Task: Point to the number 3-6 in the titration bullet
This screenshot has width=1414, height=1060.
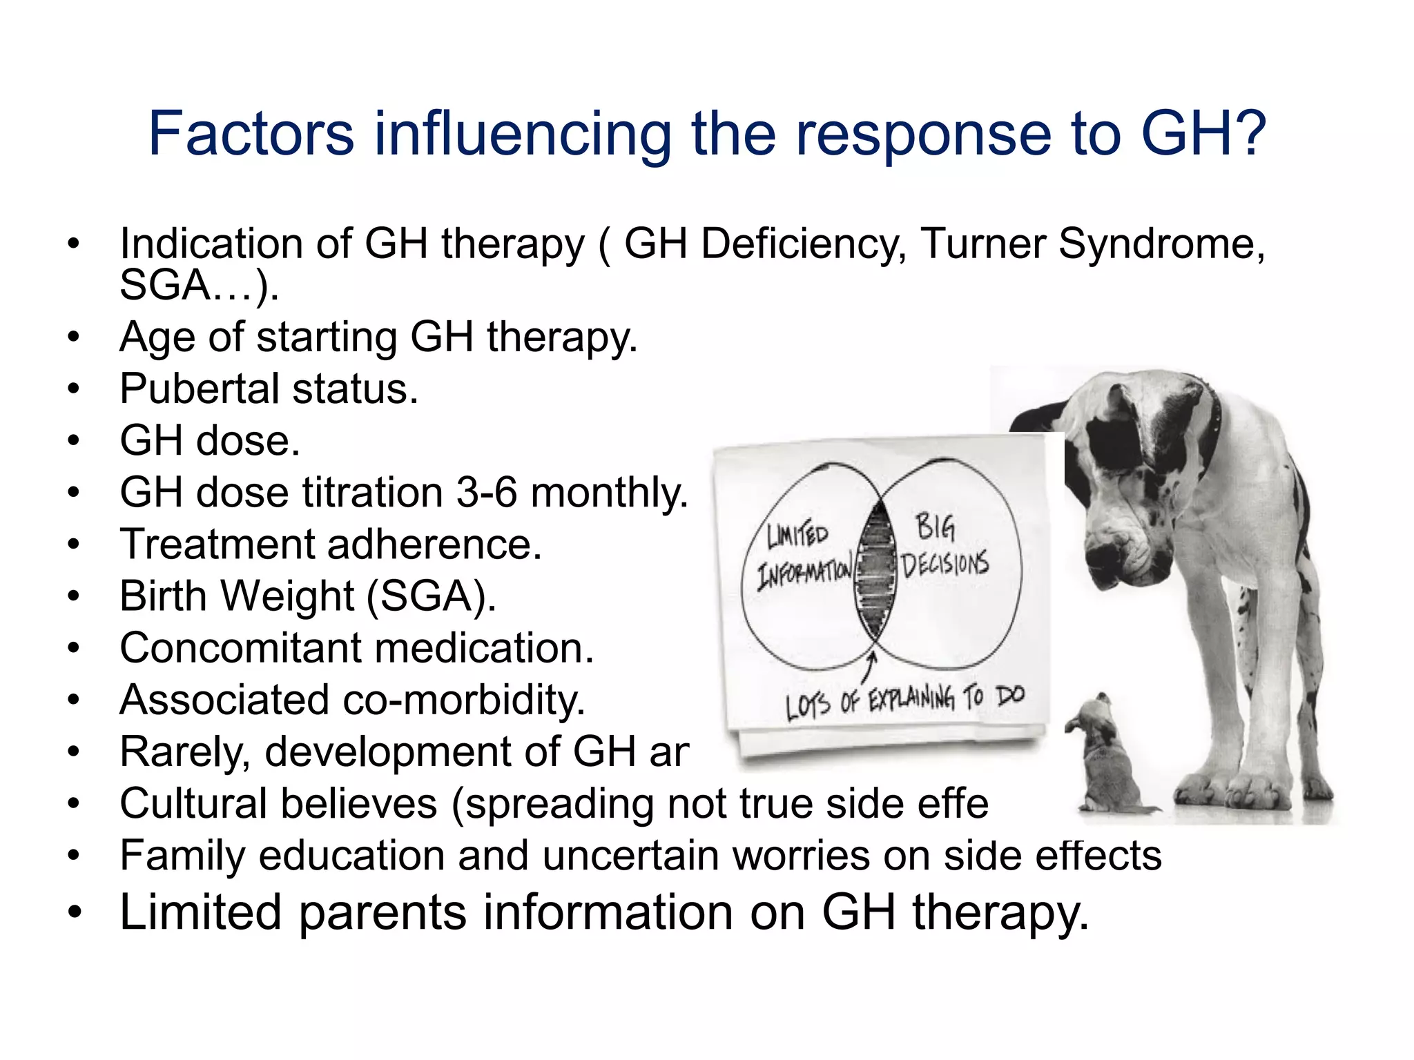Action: point(487,493)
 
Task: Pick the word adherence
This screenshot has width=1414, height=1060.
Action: point(434,544)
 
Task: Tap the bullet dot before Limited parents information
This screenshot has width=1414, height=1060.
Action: point(74,913)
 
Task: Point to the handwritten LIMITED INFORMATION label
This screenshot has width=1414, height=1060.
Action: point(802,556)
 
